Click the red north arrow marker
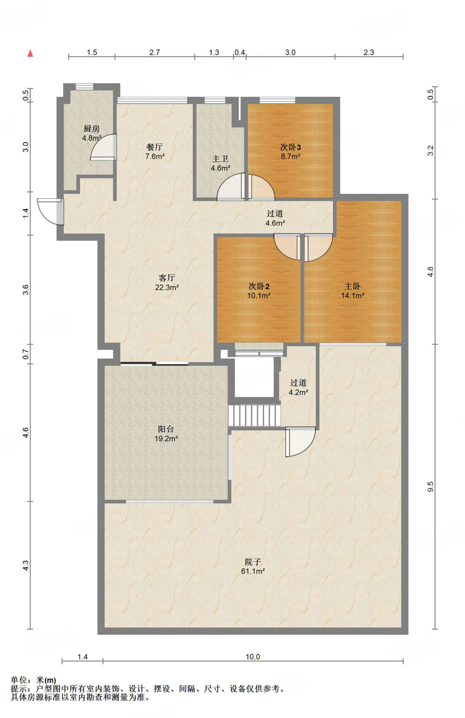tap(31, 53)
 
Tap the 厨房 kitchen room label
tap(92, 129)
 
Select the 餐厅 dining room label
tap(154, 147)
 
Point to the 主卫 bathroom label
tap(220, 159)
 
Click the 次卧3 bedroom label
tap(291, 147)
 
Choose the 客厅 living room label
tap(167, 278)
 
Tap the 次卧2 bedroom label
tap(259, 286)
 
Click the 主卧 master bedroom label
tap(353, 286)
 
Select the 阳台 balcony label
tap(166, 429)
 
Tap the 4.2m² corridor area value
tap(299, 392)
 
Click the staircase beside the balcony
tap(255, 415)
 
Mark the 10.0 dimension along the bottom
tap(253, 657)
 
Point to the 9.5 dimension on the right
tap(431, 487)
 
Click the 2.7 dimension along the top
tap(154, 52)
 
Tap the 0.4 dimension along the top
tap(240, 52)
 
